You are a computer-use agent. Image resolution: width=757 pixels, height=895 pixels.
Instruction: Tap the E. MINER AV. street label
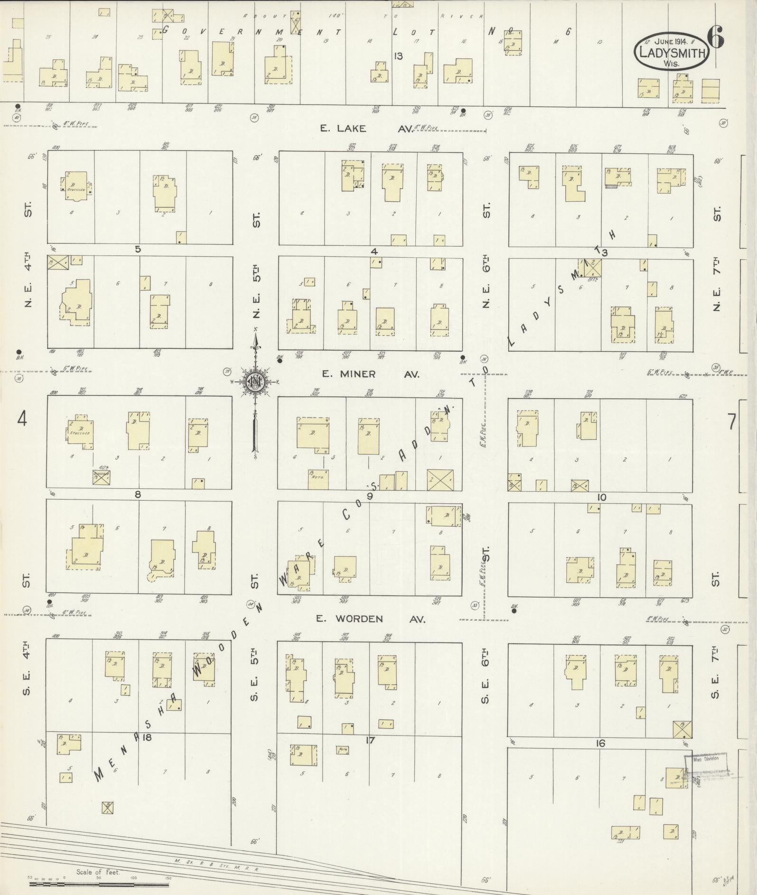[371, 374]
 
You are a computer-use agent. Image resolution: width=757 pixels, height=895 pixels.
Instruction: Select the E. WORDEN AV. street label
[370, 618]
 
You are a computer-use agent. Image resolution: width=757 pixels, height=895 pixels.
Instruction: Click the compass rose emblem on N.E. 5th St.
[255, 381]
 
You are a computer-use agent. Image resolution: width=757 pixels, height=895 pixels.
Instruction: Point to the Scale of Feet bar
[100, 884]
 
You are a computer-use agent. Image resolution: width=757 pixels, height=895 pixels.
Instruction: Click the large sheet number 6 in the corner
[715, 37]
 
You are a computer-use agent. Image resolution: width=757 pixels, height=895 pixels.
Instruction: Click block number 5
[138, 249]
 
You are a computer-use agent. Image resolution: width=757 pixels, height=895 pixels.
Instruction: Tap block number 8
[138, 494]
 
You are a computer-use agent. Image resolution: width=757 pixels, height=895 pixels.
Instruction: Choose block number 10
[602, 497]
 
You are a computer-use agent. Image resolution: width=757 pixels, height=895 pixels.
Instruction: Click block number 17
[370, 740]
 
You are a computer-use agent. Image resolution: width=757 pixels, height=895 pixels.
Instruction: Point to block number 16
[600, 743]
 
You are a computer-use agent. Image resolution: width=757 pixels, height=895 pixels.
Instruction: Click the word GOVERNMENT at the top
[252, 31]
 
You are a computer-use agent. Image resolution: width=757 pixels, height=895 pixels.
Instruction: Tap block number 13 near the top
[398, 56]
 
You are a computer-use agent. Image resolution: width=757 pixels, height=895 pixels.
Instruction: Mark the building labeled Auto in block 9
[318, 478]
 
